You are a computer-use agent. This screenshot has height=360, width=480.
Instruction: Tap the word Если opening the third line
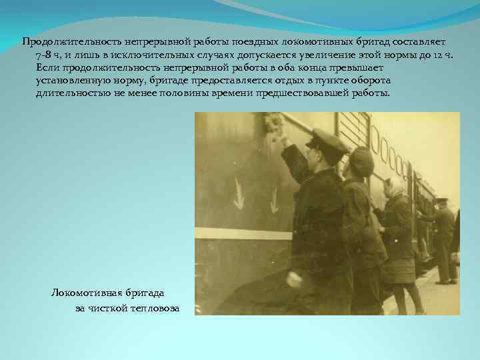(47, 68)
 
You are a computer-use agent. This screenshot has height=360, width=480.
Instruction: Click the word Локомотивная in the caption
(84, 293)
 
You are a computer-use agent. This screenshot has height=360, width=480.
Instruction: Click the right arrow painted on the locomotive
(274, 199)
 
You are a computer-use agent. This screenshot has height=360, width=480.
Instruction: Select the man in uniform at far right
(443, 237)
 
